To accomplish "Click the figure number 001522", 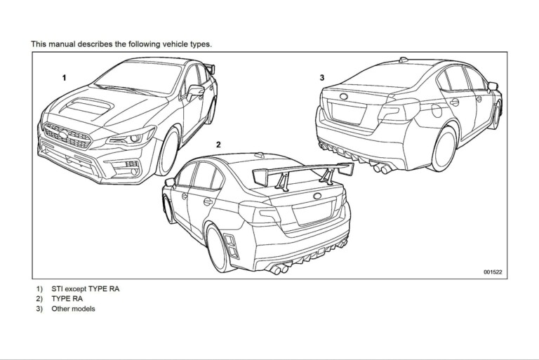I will click(x=493, y=272).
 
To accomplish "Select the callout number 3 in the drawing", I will click(x=322, y=78).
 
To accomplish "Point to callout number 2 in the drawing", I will click(x=218, y=145).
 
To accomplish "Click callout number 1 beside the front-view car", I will click(x=64, y=78).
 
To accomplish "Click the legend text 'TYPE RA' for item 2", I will click(x=67, y=298).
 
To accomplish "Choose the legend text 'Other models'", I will click(x=73, y=309).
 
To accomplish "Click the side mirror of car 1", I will click(x=195, y=91).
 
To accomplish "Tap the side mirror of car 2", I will click(x=169, y=182).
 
